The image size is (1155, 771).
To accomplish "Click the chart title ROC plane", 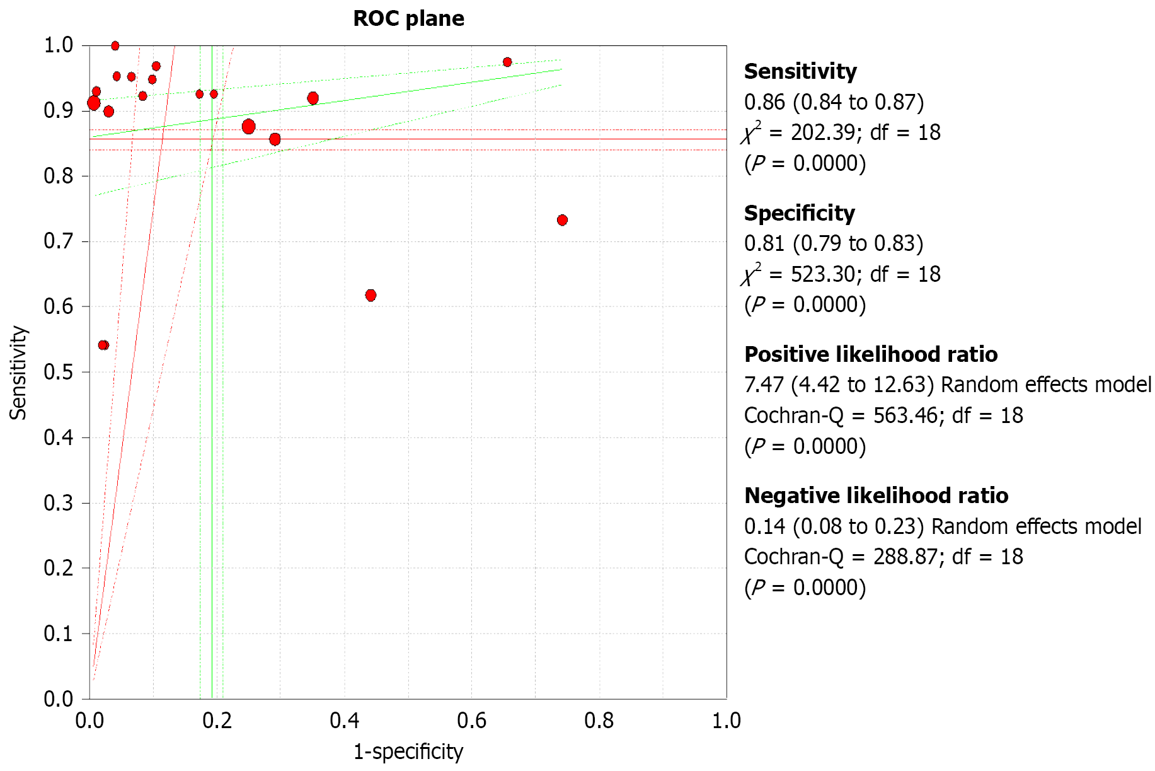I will coord(408,19).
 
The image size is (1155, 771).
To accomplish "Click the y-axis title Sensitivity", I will coord(18,373).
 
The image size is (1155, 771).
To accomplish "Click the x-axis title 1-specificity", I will coord(408,751).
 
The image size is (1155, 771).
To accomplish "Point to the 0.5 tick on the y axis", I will coord(58,372).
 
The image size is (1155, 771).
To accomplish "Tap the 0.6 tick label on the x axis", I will coord(471,721).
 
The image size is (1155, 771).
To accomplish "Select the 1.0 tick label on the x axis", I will coord(726,721).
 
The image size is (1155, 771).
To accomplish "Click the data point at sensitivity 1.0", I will coord(115,46).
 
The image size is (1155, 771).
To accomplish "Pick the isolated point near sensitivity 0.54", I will coord(104,345).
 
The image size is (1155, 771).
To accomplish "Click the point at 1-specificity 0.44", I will coord(371,296).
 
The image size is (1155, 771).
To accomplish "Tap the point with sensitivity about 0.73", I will coord(562,220).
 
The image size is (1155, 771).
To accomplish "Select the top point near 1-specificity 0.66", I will coord(507,62).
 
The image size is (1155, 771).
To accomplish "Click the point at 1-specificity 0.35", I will coord(313,98).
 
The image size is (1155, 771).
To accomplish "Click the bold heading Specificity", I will coord(799,213).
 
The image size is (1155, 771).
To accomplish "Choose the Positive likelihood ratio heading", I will coord(871,354).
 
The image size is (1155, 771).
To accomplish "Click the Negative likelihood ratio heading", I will coord(876,496).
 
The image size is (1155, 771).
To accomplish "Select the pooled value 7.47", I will coord(764,385).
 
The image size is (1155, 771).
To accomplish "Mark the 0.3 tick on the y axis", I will coord(58,503).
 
